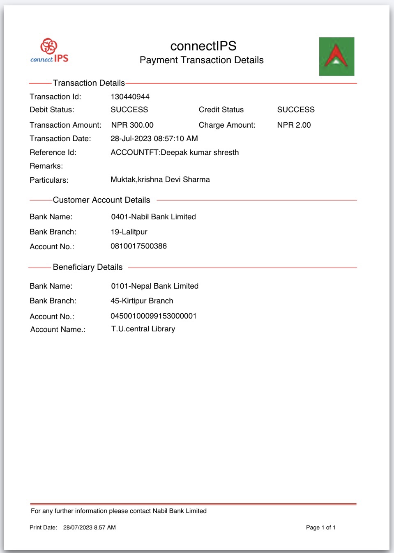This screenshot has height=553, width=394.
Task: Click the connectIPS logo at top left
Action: click(x=49, y=51)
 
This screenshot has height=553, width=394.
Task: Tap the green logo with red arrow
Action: click(x=336, y=57)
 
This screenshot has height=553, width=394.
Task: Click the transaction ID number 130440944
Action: click(x=130, y=97)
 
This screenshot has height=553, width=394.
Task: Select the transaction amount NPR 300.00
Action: click(x=132, y=125)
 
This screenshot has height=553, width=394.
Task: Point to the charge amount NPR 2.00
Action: click(x=294, y=125)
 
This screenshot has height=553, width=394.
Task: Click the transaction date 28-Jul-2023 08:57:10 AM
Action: click(x=154, y=139)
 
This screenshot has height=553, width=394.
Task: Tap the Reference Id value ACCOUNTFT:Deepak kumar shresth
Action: click(x=175, y=153)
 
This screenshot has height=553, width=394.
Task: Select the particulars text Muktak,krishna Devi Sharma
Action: click(x=160, y=180)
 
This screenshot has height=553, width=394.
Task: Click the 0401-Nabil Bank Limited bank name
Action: click(x=153, y=217)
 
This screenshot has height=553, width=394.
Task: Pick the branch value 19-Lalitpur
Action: click(x=129, y=232)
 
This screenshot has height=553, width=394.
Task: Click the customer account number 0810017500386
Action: click(x=138, y=246)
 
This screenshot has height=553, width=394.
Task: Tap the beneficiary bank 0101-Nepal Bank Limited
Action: click(x=154, y=286)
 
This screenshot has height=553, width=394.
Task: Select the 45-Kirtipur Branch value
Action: click(x=142, y=301)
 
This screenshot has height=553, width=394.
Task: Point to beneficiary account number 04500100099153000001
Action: click(x=153, y=316)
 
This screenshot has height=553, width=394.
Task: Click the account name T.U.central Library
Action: click(x=143, y=329)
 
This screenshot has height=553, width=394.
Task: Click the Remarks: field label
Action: click(x=46, y=166)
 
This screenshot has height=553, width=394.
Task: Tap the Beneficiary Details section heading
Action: click(x=88, y=267)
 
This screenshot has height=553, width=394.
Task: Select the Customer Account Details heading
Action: click(x=101, y=200)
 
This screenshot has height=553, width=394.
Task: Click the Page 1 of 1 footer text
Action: click(x=320, y=528)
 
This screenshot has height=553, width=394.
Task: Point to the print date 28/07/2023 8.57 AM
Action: click(x=89, y=528)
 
